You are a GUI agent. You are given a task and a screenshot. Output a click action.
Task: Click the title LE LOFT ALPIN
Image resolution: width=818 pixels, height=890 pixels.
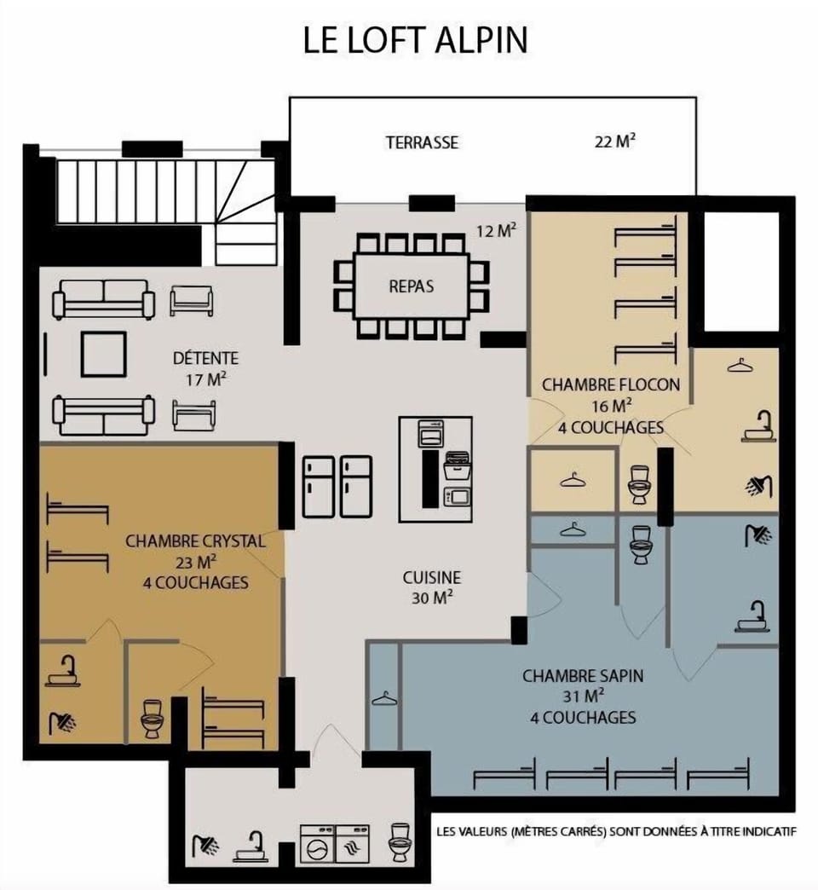click(415, 39)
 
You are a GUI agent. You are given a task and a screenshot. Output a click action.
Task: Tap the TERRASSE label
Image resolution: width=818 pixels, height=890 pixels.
click(422, 142)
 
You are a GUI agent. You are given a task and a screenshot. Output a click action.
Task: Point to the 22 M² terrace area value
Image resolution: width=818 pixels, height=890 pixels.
click(615, 141)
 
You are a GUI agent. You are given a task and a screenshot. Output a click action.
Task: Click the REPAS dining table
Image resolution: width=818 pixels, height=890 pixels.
click(412, 286)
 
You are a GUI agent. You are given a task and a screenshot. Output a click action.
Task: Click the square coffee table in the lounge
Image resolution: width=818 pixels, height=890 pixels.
click(103, 354)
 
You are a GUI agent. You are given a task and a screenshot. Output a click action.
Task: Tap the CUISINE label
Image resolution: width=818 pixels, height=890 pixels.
click(432, 577)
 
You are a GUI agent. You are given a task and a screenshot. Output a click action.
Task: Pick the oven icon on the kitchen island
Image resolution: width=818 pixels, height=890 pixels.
click(430, 434)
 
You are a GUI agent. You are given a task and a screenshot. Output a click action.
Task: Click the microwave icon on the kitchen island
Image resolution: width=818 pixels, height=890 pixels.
click(458, 497)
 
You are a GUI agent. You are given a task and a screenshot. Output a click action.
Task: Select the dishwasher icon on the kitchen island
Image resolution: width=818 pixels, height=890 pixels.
click(458, 466)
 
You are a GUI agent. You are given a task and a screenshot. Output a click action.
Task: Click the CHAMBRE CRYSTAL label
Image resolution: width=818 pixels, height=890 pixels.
click(195, 541)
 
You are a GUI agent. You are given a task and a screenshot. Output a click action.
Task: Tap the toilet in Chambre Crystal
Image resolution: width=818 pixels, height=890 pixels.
click(152, 719)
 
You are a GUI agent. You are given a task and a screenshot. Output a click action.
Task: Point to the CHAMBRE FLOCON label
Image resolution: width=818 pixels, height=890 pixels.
click(611, 384)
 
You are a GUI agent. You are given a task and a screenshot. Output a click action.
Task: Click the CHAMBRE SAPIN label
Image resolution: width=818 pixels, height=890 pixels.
click(583, 675)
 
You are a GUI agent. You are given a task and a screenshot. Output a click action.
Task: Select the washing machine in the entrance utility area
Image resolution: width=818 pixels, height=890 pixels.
click(317, 844)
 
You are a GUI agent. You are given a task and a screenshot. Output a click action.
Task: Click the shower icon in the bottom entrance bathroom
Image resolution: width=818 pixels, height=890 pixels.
click(205, 845)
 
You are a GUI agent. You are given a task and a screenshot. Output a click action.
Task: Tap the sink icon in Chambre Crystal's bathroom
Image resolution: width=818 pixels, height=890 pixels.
click(62, 671)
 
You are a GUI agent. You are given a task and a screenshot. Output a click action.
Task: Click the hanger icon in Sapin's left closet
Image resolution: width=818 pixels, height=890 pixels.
click(384, 698)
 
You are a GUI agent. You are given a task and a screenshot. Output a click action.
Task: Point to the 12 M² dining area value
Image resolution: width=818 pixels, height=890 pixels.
click(496, 230)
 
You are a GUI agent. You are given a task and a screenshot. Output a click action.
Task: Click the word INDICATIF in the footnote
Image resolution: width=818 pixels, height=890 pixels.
click(769, 831)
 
